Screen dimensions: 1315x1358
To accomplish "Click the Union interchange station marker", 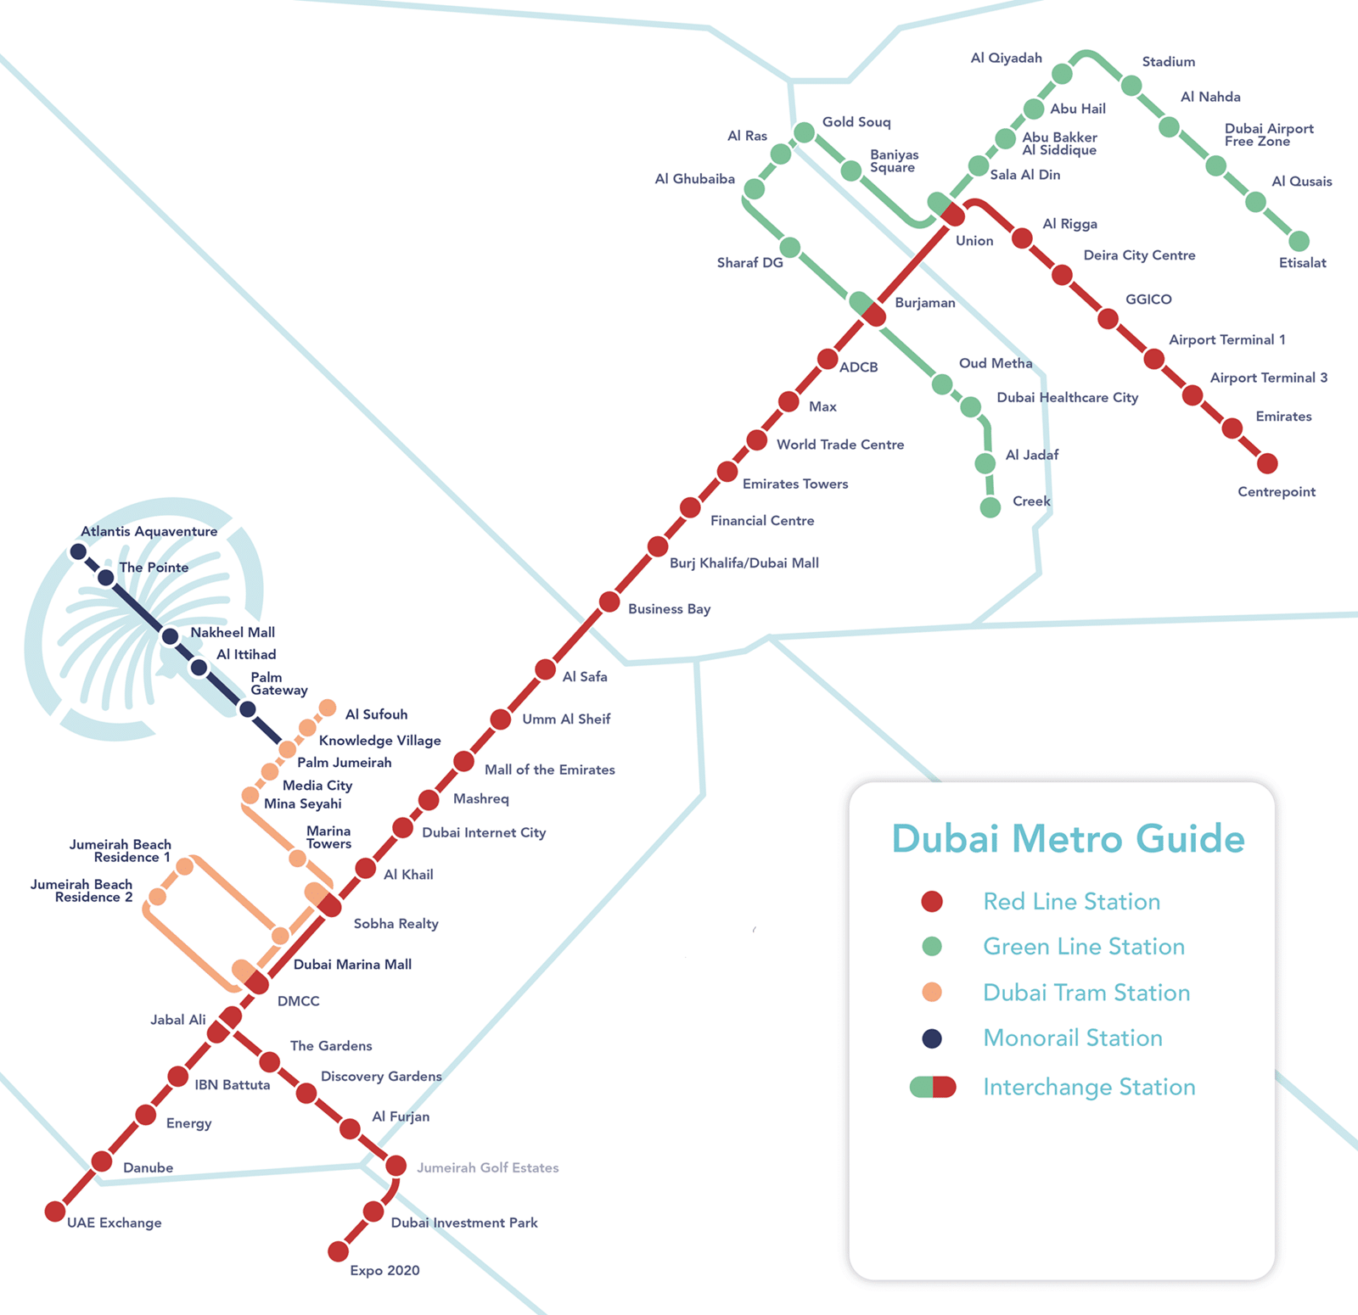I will point(946,210).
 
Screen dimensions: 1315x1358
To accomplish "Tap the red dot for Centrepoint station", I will point(1267,463).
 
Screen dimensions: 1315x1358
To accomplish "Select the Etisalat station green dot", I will point(1299,241).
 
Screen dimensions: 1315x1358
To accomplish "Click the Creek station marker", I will point(990,507).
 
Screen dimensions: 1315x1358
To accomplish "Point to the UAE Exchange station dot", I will point(55,1211).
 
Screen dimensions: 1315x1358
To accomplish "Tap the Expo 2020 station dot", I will point(338,1251).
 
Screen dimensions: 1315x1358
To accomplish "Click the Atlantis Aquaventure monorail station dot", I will point(78,551).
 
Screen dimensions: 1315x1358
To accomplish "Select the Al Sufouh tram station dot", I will point(328,708).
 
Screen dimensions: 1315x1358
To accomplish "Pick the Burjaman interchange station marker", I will point(867,310).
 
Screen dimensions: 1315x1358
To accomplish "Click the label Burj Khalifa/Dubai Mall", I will point(744,563).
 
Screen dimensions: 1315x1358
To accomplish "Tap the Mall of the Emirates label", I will point(549,769).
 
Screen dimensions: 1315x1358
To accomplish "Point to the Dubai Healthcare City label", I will point(1067,398).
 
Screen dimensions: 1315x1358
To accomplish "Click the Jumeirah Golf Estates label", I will point(487,1168).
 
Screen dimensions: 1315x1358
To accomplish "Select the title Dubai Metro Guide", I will point(1068,838).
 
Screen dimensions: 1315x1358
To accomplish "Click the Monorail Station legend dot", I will point(932,1038).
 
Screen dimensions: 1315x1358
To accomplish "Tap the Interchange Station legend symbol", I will point(932,1087).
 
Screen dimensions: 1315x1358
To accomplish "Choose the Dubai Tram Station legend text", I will point(1086,993).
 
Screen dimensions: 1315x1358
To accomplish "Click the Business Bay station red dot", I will point(609,602).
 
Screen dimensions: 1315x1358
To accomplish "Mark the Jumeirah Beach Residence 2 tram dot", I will point(157,897).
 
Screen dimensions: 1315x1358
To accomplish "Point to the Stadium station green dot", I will point(1131,86).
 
